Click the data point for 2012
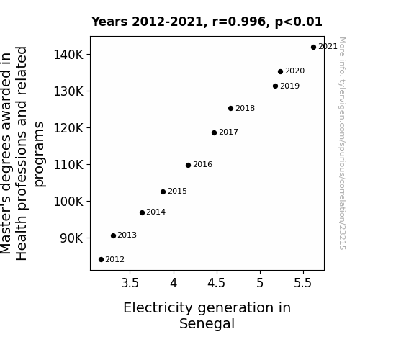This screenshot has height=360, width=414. pos(101,260)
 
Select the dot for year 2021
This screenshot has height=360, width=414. pos(313,48)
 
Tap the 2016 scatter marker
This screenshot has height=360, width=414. pos(188,166)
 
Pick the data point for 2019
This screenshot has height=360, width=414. pos(275,86)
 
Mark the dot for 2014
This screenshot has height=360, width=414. pos(142,212)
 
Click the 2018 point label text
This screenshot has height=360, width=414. pos(245,108)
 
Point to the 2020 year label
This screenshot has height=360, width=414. pos(295,71)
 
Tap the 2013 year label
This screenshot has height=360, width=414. pos(127,235)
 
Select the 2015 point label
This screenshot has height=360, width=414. pos(177,191)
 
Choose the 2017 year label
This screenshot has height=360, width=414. pos(229,132)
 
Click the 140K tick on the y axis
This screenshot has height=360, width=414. pos(68,55)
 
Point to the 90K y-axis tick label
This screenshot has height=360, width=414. pos(71,238)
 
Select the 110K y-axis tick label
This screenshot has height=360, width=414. pos(68,165)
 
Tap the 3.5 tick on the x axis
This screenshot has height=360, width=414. pos(130,283)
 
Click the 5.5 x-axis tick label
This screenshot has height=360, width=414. pos(303,283)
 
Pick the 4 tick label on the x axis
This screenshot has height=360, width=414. pos(174,283)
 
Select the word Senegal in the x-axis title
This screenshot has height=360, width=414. pos(207,324)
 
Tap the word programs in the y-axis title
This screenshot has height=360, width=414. pos(40,154)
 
